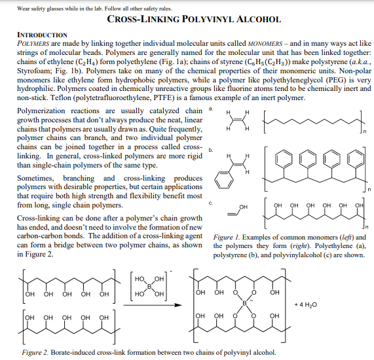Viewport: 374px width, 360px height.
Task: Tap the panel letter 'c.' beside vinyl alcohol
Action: [210, 204]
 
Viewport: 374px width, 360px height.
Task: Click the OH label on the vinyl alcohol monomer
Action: [244, 207]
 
